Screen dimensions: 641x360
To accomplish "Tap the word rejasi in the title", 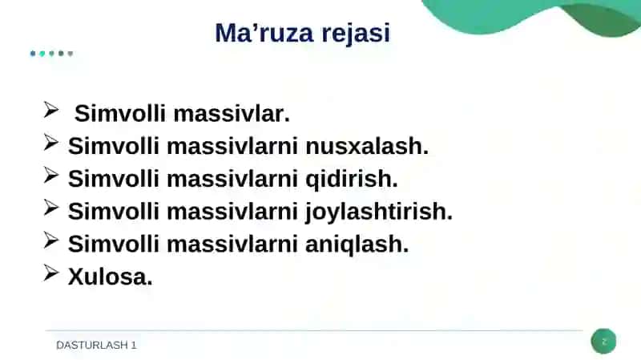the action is [x=356, y=34].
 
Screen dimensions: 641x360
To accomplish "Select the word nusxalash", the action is [x=367, y=146].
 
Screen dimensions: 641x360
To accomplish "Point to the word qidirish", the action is [x=352, y=180].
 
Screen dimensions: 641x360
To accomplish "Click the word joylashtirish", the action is [x=379, y=212].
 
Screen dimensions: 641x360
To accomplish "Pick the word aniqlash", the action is [x=357, y=245].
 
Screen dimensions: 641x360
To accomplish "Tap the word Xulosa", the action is [x=110, y=277].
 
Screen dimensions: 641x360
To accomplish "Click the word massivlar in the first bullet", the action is [x=232, y=114].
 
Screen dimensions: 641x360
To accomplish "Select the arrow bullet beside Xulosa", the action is [x=50, y=273].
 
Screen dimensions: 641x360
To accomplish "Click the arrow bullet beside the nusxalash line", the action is [x=50, y=143].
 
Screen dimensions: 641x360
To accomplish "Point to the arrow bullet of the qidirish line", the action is [x=50, y=175].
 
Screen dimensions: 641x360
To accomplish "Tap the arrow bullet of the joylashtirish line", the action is [x=50, y=208].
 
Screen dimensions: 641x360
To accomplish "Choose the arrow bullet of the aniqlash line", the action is [x=50, y=241].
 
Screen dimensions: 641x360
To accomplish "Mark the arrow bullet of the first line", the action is [x=50, y=110].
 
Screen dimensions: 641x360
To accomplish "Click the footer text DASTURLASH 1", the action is [x=96, y=346].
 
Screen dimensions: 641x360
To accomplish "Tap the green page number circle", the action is [x=603, y=342].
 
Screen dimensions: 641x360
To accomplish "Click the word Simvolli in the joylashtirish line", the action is [x=113, y=212].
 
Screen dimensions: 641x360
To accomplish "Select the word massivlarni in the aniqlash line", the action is [x=232, y=245].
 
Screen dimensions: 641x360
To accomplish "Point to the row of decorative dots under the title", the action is [x=51, y=54].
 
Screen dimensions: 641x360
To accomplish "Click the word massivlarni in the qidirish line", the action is [x=232, y=179].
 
